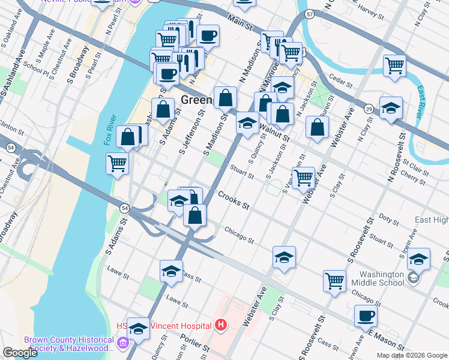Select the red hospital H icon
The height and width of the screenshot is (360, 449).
(x=220, y=326)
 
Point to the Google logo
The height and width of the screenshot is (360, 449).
(x=19, y=353)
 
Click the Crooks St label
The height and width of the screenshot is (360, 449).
(x=234, y=200)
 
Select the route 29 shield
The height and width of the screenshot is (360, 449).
(x=369, y=108)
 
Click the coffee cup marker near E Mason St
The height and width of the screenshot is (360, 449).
(x=366, y=316)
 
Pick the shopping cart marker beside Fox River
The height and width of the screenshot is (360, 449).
(x=118, y=163)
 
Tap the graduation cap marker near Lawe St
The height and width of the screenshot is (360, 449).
(x=171, y=271)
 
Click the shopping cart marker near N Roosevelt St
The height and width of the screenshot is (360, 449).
(x=394, y=65)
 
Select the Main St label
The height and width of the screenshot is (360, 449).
(x=239, y=25)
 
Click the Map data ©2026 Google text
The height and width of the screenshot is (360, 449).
(x=412, y=355)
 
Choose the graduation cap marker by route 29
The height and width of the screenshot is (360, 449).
(x=391, y=108)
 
